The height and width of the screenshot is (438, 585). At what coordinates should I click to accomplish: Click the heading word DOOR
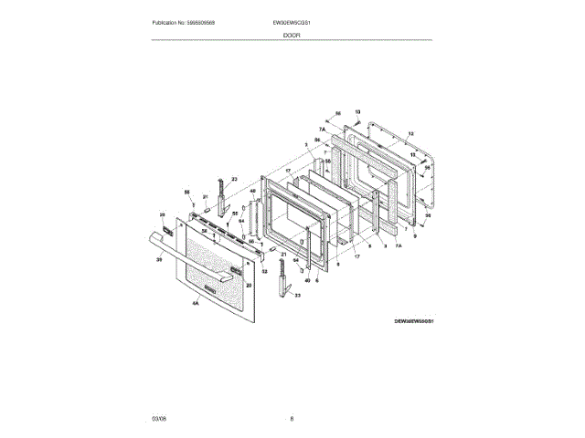pos(292,34)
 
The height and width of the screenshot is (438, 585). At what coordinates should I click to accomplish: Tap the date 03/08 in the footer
pos(159,418)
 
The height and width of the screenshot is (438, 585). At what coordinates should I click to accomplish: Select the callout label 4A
pos(195,302)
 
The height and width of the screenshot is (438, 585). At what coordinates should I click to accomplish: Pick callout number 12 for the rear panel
pos(410,134)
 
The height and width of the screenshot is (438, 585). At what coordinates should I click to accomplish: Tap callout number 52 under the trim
pos(265,271)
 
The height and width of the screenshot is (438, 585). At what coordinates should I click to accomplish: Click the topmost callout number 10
pos(357,111)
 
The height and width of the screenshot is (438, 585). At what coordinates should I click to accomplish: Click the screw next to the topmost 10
pos(357,120)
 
